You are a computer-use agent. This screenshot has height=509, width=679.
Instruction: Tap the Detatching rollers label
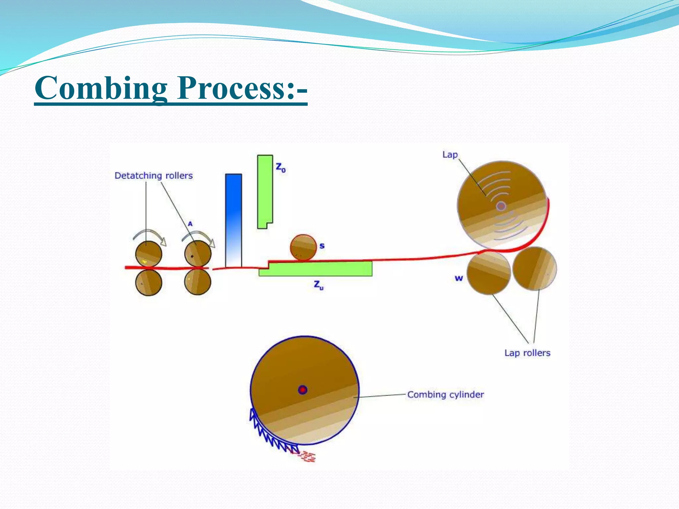pyautogui.click(x=154, y=176)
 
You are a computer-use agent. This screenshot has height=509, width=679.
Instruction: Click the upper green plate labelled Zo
pyautogui.click(x=265, y=191)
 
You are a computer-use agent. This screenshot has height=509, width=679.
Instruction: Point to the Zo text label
pyautogui.click(x=280, y=167)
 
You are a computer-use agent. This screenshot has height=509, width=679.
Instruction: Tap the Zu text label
pyautogui.click(x=319, y=285)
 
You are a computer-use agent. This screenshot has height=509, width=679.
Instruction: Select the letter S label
pyautogui.click(x=322, y=246)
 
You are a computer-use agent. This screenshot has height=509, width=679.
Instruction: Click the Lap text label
pyautogui.click(x=450, y=155)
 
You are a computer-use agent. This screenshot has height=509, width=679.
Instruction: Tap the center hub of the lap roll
pyautogui.click(x=501, y=206)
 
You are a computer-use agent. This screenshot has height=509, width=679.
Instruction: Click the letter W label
pyautogui.click(x=459, y=278)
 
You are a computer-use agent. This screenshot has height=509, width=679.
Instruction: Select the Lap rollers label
pyautogui.click(x=527, y=353)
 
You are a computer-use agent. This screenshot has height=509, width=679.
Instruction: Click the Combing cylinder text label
pyautogui.click(x=445, y=394)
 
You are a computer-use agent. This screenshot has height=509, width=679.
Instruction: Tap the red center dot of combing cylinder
pyautogui.click(x=302, y=390)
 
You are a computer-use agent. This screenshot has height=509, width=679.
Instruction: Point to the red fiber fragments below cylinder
pyautogui.click(x=308, y=457)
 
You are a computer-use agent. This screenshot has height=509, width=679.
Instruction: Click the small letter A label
pyautogui.click(x=190, y=224)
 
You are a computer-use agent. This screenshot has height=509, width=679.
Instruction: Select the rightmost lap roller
pyautogui.click(x=534, y=269)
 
